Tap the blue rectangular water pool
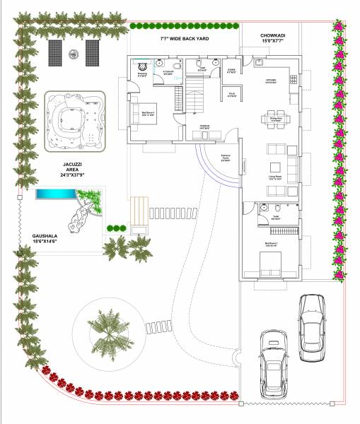point(57,194)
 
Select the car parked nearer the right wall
point(312,326)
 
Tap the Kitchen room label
point(271,81)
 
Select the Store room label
point(231,70)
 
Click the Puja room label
point(231,93)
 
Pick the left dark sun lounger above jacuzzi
point(54,52)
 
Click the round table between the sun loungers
point(73,52)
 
